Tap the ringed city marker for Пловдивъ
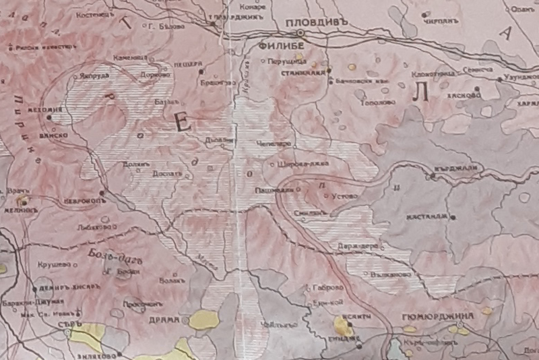tap(301, 32)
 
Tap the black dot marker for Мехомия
tap(49, 118)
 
